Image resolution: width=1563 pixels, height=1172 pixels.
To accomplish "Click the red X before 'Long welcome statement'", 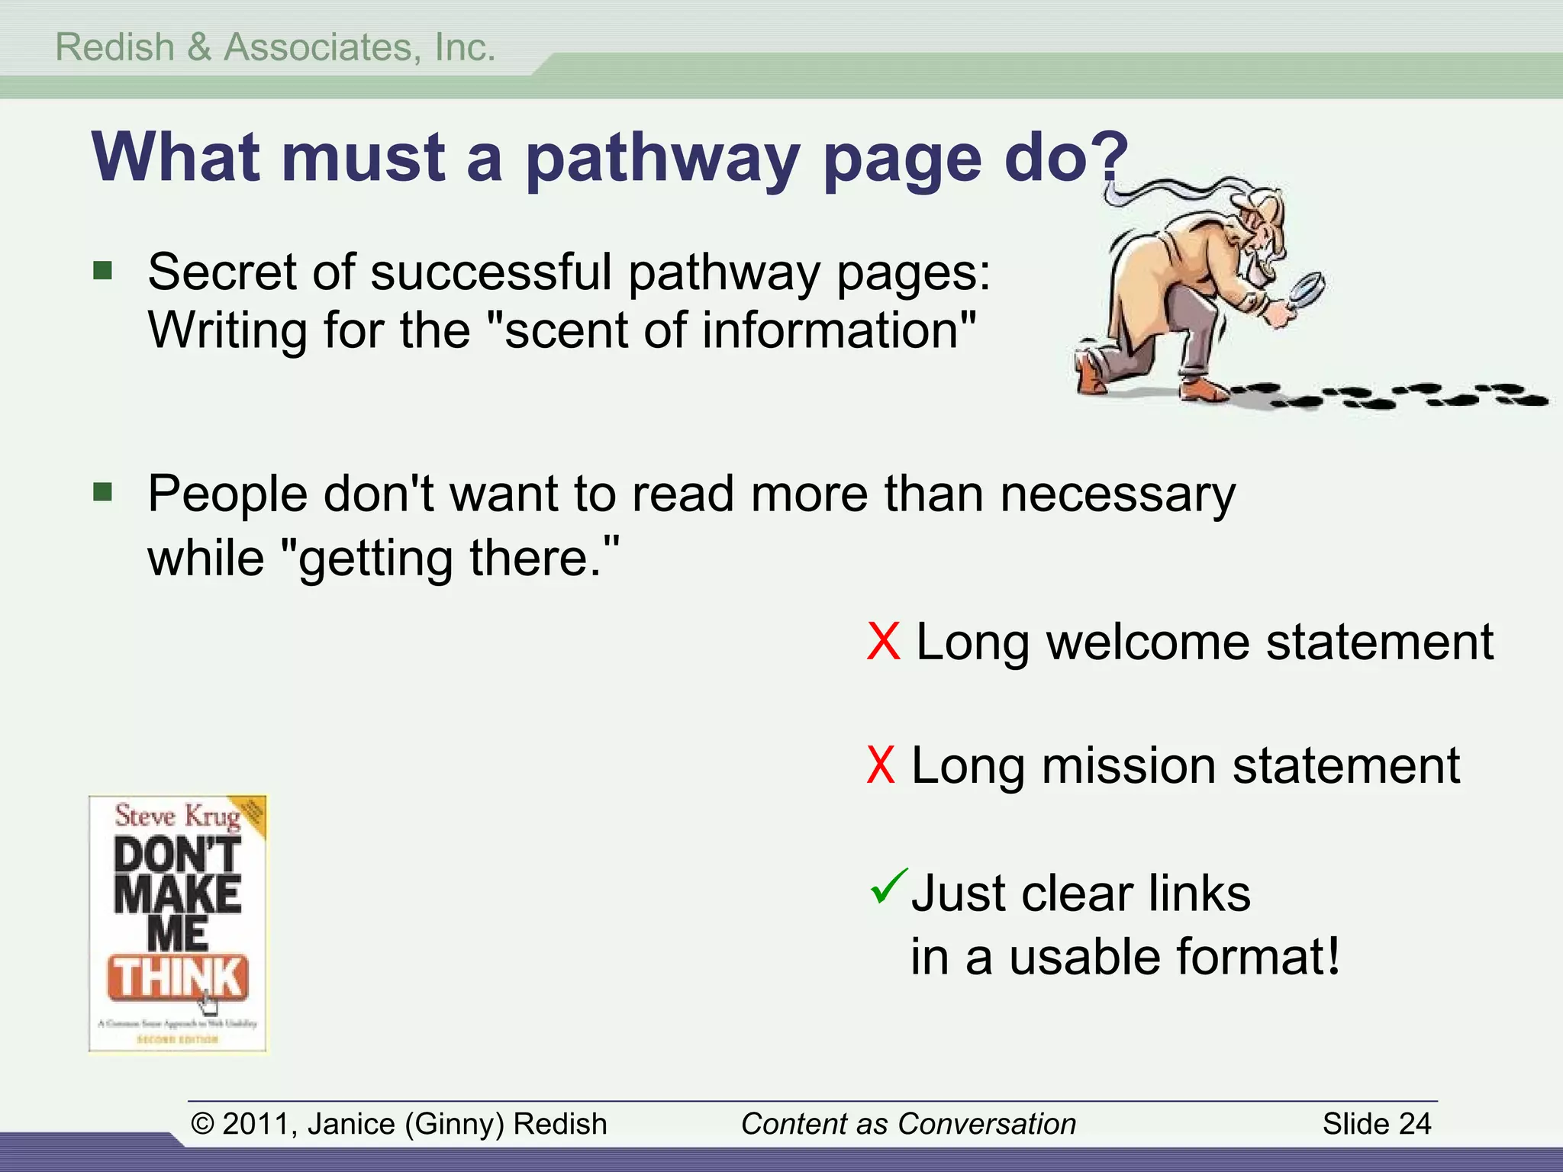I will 884,642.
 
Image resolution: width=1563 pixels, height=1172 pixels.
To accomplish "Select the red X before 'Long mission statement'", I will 881,765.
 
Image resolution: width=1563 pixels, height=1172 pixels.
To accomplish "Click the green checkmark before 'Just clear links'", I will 888,887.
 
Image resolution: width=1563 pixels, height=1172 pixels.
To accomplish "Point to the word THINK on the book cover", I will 178,977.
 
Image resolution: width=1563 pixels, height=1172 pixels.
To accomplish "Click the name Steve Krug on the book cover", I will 177,816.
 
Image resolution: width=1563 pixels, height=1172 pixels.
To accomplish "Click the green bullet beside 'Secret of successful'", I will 103,271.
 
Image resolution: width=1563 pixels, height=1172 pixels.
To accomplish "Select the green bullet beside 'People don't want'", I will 103,492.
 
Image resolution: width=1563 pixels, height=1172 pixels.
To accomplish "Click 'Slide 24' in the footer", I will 1377,1124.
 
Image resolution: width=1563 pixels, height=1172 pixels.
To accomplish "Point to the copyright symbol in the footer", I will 202,1124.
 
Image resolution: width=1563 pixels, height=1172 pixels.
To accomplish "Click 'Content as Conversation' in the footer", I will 908,1124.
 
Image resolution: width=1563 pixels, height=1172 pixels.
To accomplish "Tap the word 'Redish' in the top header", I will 115,47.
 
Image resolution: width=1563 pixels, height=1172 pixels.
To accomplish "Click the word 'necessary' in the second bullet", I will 1117,495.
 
